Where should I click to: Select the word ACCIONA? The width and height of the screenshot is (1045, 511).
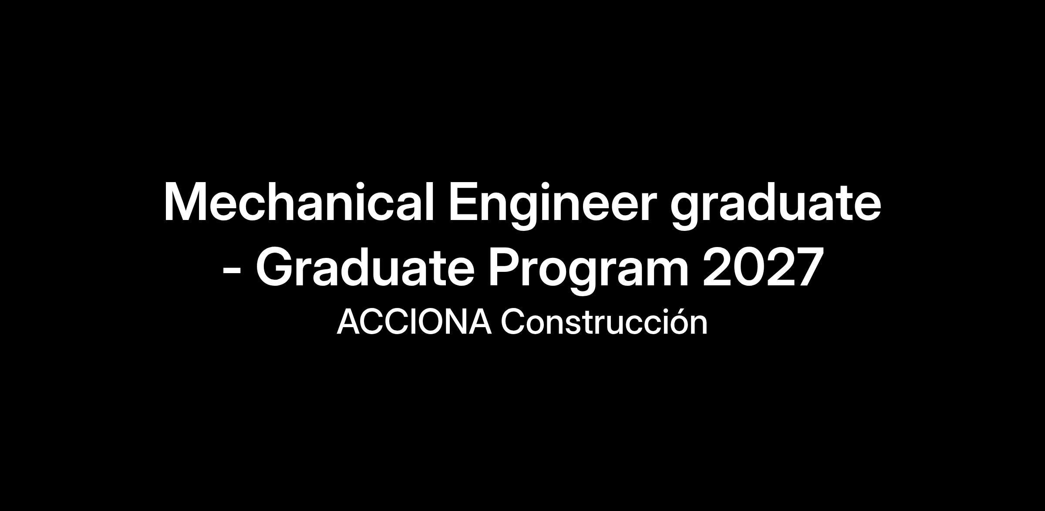(414, 322)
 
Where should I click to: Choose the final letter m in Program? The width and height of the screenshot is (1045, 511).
(668, 273)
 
